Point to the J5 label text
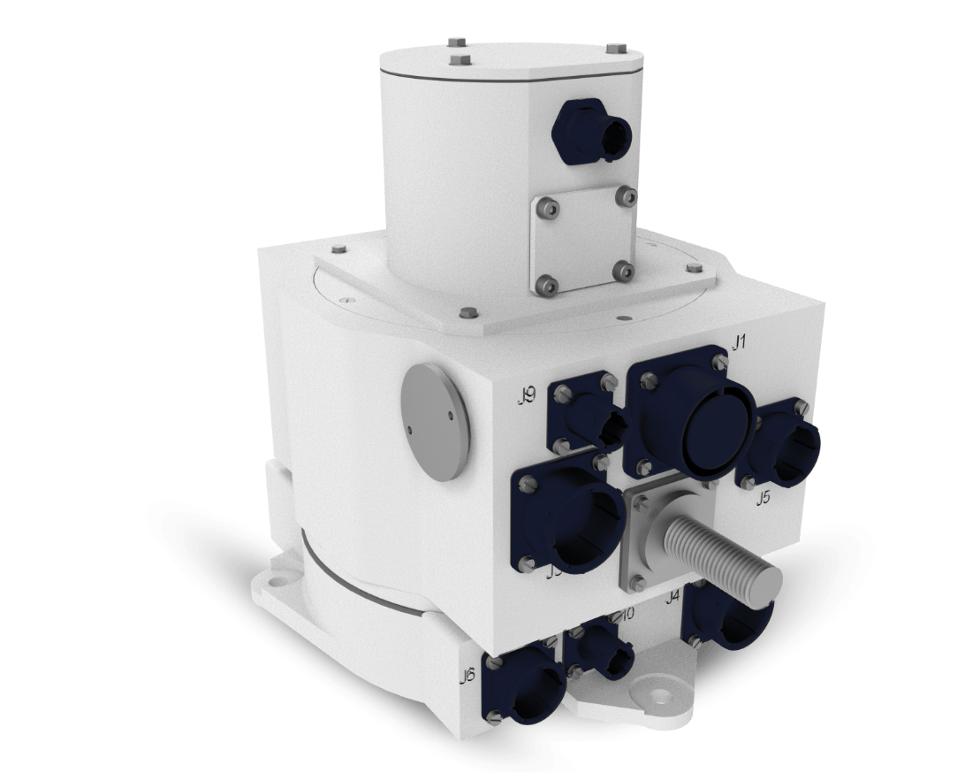coord(763,497)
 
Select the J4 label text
coord(672,596)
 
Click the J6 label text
coord(467,677)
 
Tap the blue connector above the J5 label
coord(781,442)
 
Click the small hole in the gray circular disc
coord(411,432)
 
